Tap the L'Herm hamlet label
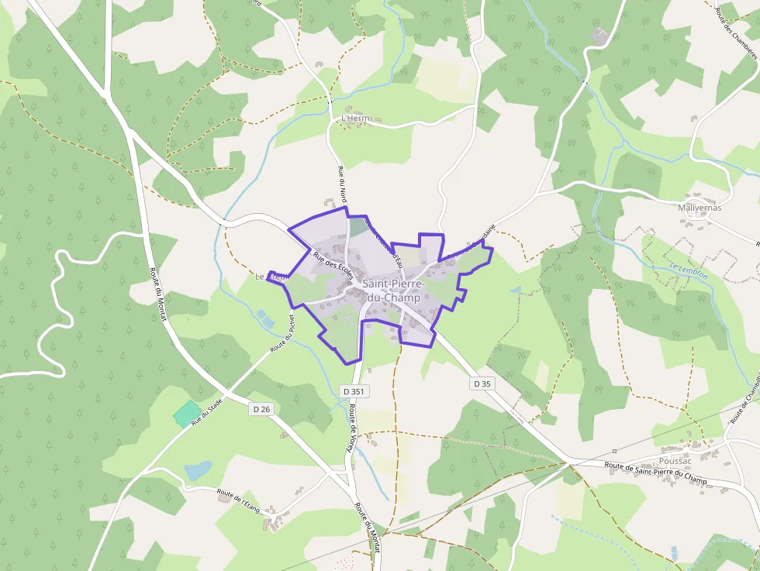[356, 119]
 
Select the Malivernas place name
[700, 208]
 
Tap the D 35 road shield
[482, 384]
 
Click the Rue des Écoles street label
[333, 265]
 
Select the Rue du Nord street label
[342, 184]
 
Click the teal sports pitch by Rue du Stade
[185, 414]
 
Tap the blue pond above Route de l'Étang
[198, 470]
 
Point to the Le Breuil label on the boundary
[271, 276]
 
